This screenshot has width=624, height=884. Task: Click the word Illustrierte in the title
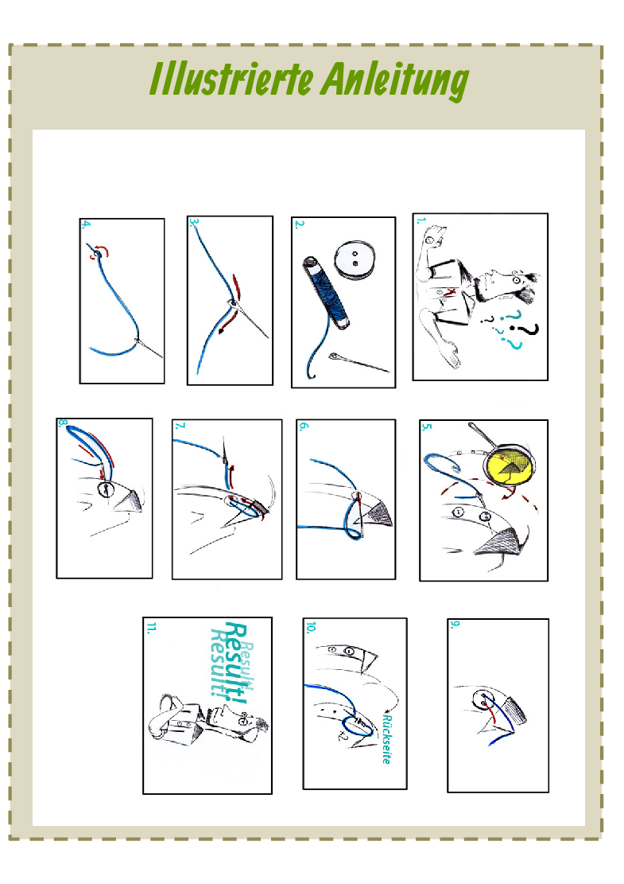click(231, 79)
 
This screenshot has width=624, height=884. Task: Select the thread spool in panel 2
click(327, 292)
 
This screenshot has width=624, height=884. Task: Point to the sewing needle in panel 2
click(359, 363)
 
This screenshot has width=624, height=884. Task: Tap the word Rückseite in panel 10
click(387, 738)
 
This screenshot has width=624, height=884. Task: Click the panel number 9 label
click(455, 625)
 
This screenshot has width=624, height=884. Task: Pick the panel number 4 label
click(86, 224)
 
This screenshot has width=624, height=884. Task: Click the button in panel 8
click(105, 489)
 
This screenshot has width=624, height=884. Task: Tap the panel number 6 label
click(304, 426)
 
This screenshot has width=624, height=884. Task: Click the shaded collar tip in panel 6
click(380, 513)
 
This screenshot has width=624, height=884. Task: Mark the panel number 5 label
click(427, 426)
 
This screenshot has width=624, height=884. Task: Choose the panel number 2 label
click(299, 224)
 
